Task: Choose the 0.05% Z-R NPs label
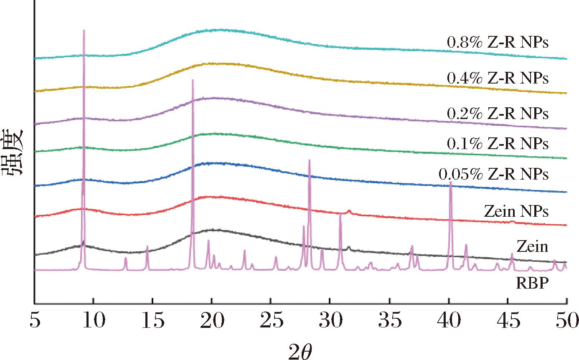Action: click(493, 174)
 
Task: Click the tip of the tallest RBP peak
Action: click(84, 30)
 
